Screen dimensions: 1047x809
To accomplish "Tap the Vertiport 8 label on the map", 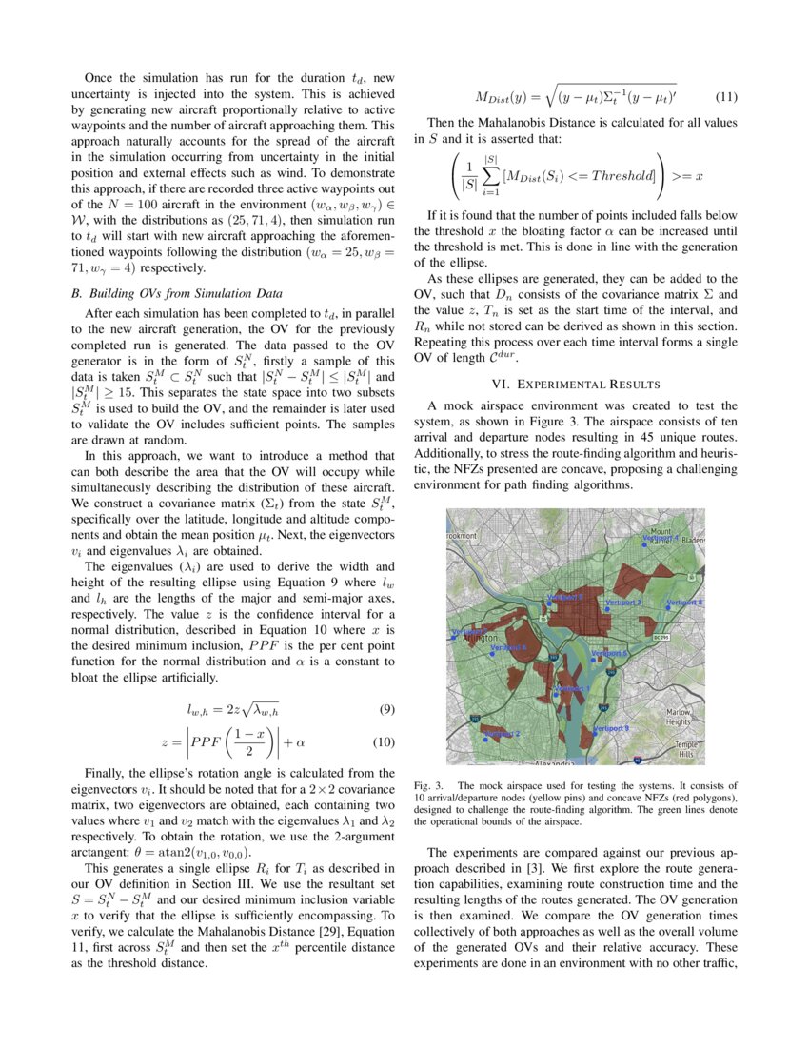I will click(x=684, y=603).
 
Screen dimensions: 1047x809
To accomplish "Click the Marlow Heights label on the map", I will click(x=679, y=716).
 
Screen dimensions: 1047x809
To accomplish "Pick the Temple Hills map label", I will click(x=685, y=749).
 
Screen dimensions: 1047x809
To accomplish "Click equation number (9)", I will click(x=386, y=709).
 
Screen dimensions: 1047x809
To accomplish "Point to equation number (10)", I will click(x=384, y=742).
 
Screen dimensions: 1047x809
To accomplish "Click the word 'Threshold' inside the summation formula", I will click(x=619, y=176).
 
